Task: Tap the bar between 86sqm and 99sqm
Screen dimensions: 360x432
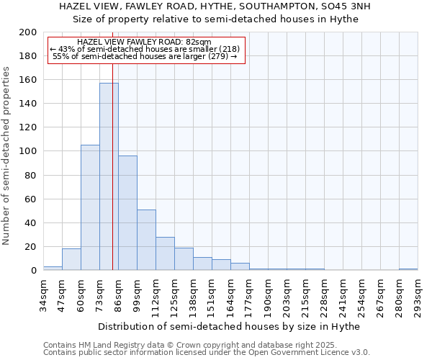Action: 127,213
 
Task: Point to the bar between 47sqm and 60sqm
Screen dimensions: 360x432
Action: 71,259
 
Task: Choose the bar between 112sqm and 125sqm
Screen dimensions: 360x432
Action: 165,253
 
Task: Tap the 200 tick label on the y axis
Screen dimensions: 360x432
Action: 28,32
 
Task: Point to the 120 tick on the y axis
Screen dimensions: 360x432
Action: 28,127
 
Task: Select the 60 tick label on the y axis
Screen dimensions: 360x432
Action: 31,199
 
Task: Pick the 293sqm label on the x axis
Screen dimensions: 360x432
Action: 418,295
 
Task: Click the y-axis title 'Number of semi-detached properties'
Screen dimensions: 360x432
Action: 7,155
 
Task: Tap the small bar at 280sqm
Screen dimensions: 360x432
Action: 408,269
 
